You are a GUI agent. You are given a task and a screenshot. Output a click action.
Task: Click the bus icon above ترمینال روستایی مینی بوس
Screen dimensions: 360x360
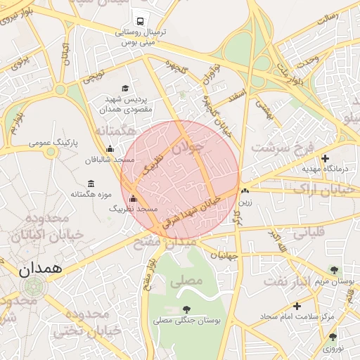pos(141,21)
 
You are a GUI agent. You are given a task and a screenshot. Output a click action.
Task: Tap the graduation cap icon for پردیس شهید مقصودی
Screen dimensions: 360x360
pos(125,89)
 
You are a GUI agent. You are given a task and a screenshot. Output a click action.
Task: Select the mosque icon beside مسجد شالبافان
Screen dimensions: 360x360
pos(110,148)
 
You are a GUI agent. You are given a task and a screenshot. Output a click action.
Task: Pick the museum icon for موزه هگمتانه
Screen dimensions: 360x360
pos(91,184)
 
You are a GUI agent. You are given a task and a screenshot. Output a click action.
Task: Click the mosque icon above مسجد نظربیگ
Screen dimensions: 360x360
pos(134,199)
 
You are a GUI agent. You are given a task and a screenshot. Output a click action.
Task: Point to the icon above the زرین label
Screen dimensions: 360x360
pos(245,191)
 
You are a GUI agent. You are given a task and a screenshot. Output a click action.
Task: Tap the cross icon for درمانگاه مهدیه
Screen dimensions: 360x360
pos(325,159)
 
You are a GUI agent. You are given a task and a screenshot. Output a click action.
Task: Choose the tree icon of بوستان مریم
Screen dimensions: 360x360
pos(334,270)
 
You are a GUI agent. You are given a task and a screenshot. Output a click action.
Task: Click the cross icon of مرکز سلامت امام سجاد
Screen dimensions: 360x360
pos(297,306)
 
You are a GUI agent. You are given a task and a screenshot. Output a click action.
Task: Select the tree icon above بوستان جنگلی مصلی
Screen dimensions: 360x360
pos(186,309)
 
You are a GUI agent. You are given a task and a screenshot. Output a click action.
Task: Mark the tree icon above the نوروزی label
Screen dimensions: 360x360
pos(333,337)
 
